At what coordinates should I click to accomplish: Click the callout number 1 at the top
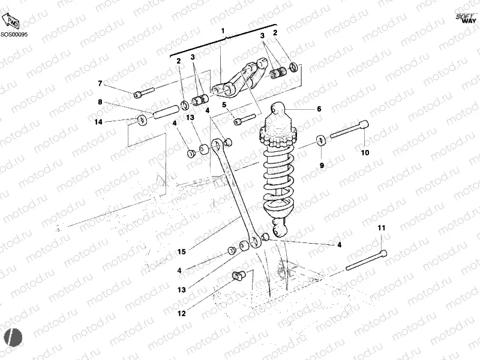[x=223, y=31]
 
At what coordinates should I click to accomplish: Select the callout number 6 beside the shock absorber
[x=319, y=109]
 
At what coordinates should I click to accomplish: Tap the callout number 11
[x=381, y=228]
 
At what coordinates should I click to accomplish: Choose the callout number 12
[x=181, y=313]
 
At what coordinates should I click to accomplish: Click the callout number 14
[x=98, y=122]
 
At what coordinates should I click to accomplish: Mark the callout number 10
[x=365, y=152]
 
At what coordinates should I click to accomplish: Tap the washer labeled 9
[x=322, y=140]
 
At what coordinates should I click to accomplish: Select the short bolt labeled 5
[x=246, y=120]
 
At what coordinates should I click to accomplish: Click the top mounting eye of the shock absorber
[x=277, y=109]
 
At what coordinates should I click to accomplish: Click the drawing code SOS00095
[x=14, y=35]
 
